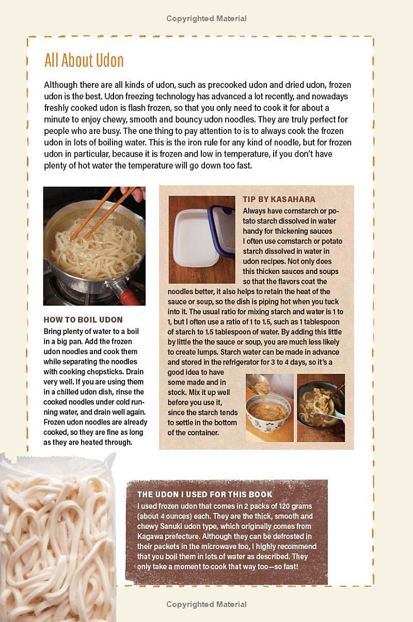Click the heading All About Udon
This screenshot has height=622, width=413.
coord(84,60)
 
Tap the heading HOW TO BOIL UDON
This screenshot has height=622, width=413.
coord(83,320)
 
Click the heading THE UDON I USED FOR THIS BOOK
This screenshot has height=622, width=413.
coord(205,494)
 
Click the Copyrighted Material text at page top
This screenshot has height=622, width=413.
coord(206,19)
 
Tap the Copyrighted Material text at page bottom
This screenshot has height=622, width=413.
coord(206,604)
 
